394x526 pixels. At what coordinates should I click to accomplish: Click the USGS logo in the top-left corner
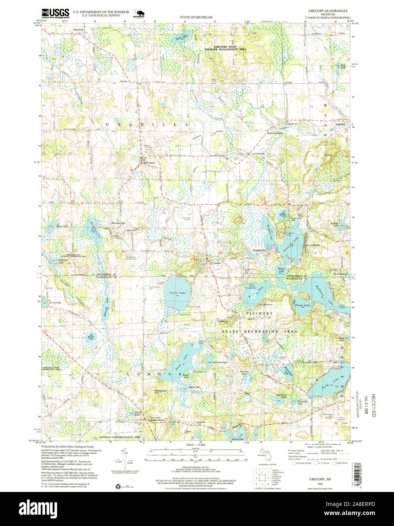[55, 14]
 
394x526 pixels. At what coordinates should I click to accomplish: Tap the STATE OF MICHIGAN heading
[196, 17]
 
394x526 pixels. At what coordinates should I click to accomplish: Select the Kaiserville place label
[260, 250]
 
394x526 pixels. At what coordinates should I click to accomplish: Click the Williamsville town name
[118, 223]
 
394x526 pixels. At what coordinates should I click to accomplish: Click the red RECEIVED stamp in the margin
[373, 405]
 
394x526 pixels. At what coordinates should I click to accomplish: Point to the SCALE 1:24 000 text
[195, 445]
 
